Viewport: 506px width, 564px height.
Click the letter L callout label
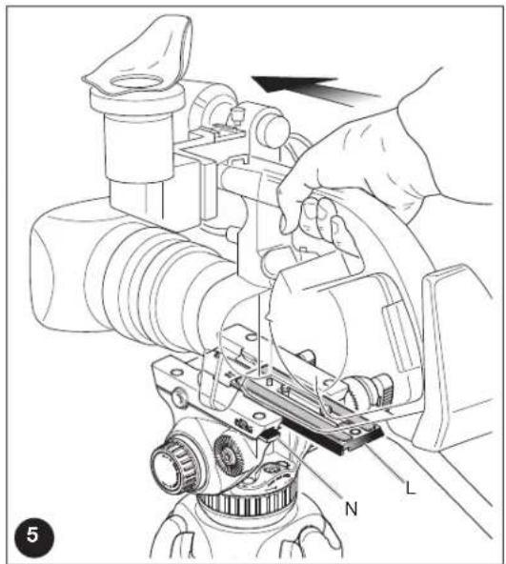pos(410,488)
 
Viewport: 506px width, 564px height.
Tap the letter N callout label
pos(351,509)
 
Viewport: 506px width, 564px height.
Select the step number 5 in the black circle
pos(34,535)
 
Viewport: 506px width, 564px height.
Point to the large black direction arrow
pos(314,90)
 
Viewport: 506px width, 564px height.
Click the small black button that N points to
pos(270,434)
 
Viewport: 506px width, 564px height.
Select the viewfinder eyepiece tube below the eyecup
pos(138,144)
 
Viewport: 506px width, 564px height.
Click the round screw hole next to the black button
pos(257,416)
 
